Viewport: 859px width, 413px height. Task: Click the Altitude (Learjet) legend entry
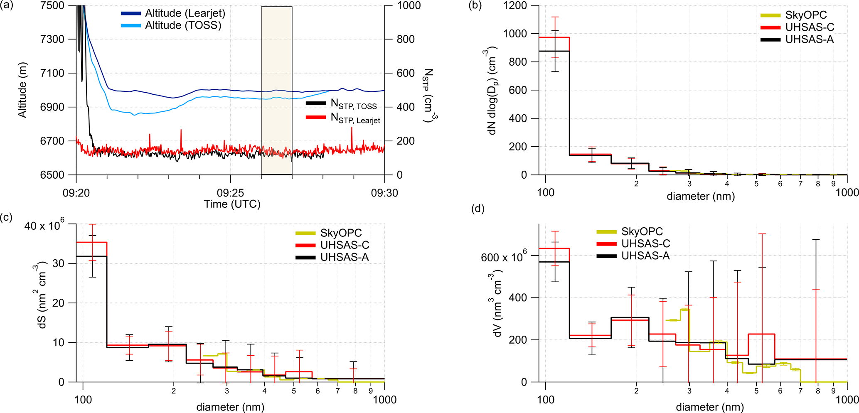click(x=185, y=13)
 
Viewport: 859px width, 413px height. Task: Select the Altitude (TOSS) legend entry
click(x=182, y=25)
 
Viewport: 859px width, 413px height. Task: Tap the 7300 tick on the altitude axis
click(x=53, y=39)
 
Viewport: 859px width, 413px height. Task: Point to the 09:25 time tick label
click(x=230, y=193)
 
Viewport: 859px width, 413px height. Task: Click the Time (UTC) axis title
click(x=232, y=204)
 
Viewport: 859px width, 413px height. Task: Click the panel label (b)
click(x=475, y=6)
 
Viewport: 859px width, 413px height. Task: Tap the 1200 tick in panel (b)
click(x=515, y=6)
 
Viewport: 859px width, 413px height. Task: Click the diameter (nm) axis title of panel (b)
click(x=701, y=196)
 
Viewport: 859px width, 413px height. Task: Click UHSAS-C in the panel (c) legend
click(x=345, y=245)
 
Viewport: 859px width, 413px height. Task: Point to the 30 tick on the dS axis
click(x=58, y=263)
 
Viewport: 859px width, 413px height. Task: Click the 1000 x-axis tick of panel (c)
click(x=385, y=400)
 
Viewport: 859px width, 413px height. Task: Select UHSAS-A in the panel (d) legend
click(x=645, y=256)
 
